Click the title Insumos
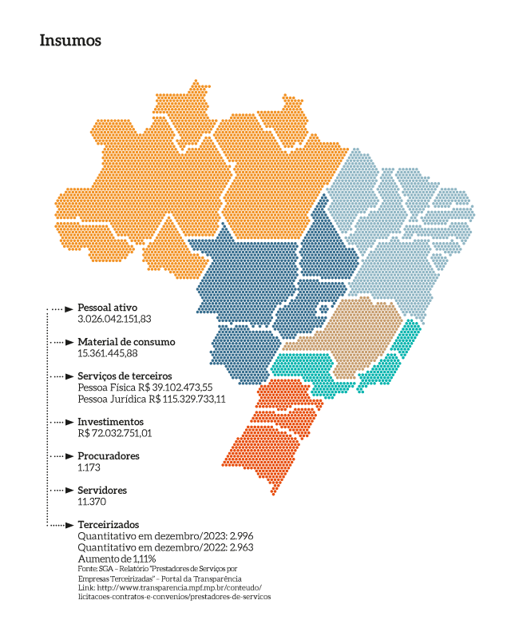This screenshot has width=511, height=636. [70, 41]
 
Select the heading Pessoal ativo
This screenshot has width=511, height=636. [108, 308]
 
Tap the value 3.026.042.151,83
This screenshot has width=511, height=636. [114, 319]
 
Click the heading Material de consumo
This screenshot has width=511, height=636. [126, 342]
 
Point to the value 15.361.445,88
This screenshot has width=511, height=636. [108, 353]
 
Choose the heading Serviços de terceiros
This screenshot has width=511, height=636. [125, 376]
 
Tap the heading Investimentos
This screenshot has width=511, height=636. [110, 421]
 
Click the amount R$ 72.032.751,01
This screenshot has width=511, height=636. [114, 433]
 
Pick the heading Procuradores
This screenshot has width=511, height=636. [109, 455]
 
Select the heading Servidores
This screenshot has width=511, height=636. [102, 490]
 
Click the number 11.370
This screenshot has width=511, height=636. [92, 501]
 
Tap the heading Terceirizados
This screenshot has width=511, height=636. [109, 524]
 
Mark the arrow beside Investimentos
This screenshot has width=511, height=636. [69, 422]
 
